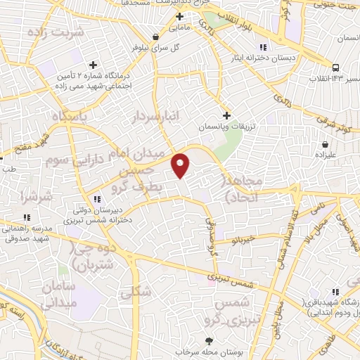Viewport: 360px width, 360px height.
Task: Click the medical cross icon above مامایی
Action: click(180, 16)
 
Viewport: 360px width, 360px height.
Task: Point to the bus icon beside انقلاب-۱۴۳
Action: click(336, 67)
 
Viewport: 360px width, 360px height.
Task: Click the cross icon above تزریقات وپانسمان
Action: click(226, 115)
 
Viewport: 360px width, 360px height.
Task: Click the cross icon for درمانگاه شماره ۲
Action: click(93, 65)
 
